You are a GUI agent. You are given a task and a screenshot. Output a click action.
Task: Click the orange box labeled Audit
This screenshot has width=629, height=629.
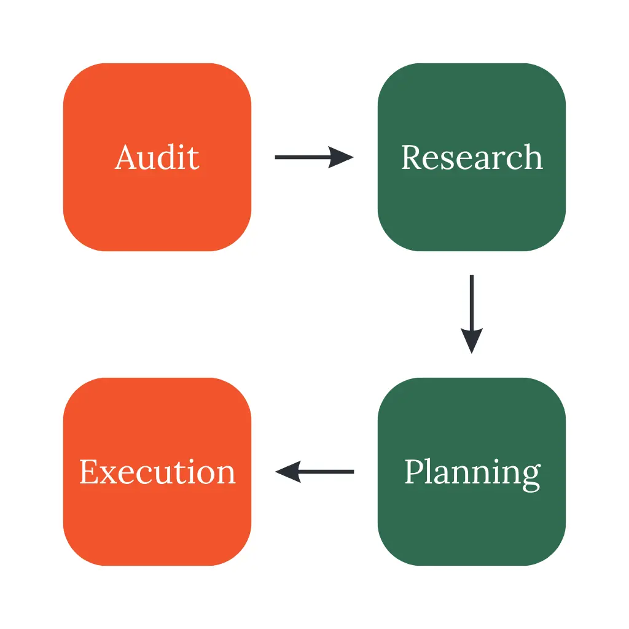tap(157, 157)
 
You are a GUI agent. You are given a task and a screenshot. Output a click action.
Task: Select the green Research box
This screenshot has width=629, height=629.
tap(472, 157)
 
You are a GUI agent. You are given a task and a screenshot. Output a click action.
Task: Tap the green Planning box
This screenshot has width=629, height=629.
tap(472, 472)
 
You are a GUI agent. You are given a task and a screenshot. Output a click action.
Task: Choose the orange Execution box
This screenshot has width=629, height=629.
tap(157, 472)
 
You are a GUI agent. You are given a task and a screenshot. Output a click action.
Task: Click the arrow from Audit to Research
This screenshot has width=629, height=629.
tap(314, 157)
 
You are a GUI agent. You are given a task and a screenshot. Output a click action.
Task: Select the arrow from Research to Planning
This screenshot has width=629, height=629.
tap(472, 314)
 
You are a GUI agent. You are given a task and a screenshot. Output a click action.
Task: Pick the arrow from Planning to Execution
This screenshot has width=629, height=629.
tap(314, 472)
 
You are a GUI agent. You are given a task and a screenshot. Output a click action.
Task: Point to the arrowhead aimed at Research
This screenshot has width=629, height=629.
tap(341, 157)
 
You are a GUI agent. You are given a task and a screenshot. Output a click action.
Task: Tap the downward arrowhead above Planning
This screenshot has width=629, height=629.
tap(472, 341)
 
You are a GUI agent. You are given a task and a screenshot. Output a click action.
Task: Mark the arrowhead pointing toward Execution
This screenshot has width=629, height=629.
tap(288, 472)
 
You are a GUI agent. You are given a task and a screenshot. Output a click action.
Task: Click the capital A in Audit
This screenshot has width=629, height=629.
tap(127, 157)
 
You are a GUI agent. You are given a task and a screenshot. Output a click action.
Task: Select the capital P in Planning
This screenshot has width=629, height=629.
tap(415, 472)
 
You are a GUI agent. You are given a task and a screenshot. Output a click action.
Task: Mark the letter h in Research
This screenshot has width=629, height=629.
tap(532, 157)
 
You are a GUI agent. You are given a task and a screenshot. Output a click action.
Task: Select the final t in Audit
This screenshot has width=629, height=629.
tap(193, 159)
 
